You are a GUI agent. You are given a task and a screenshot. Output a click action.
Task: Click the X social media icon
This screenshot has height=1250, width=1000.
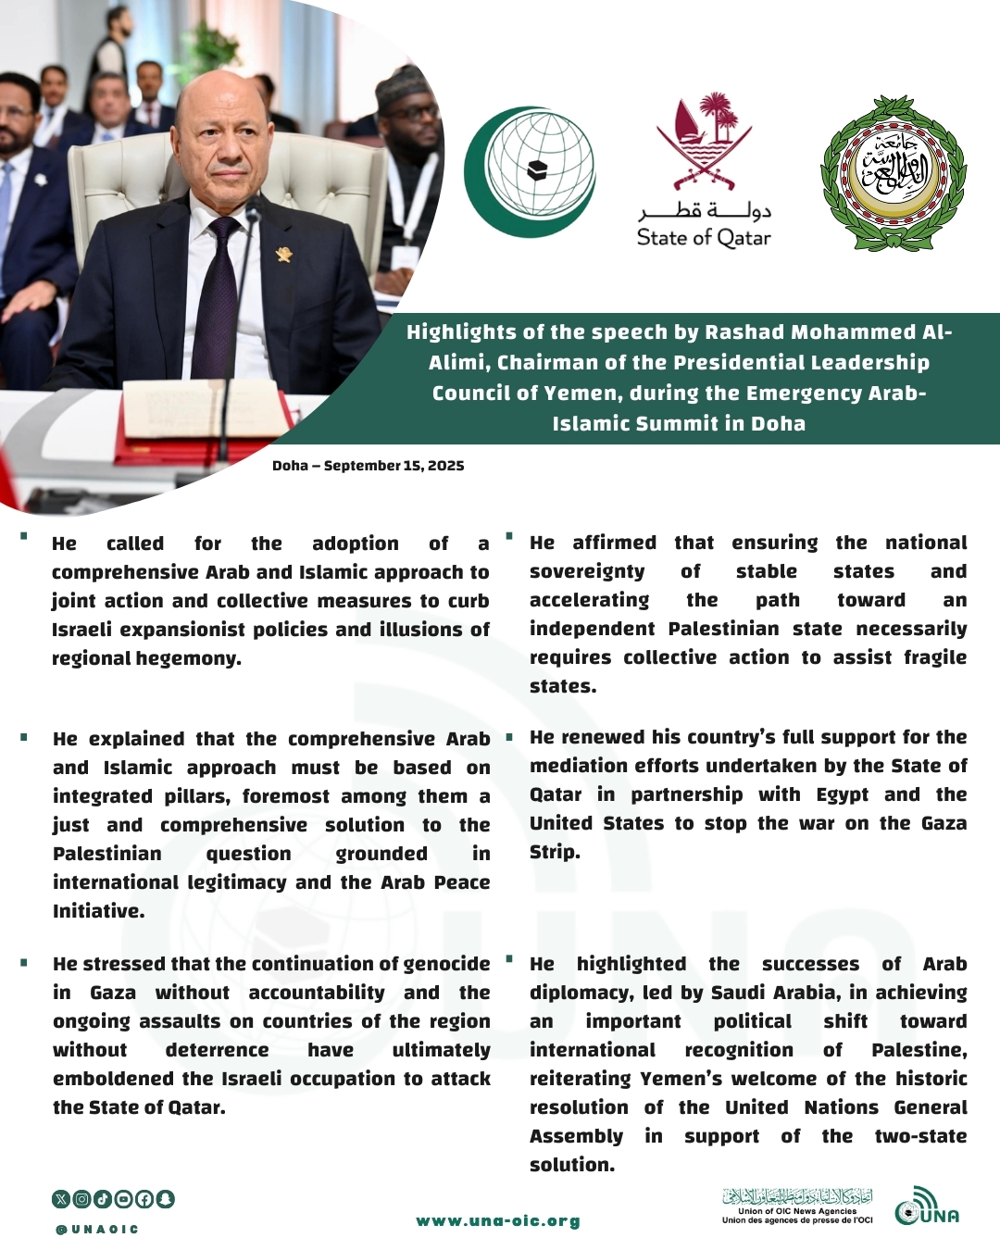click(61, 1199)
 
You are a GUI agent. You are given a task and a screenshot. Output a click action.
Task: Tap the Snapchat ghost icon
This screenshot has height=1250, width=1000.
click(166, 1199)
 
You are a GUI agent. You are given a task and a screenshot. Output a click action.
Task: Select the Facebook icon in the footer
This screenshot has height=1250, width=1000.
click(144, 1199)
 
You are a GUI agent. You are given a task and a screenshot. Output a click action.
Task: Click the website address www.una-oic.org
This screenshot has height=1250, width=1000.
click(498, 1221)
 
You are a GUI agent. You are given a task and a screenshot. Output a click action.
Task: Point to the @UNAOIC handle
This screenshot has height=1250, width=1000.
click(97, 1230)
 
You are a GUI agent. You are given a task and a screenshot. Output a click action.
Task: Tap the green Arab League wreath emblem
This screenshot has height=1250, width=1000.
click(894, 173)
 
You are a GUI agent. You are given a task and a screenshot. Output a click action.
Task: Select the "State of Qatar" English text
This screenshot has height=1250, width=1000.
click(704, 238)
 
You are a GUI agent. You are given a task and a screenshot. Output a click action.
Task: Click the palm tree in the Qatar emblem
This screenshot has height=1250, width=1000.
click(719, 117)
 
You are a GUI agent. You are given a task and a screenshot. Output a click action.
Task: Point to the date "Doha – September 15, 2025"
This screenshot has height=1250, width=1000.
click(368, 466)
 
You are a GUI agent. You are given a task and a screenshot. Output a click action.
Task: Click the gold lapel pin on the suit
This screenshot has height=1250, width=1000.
click(284, 253)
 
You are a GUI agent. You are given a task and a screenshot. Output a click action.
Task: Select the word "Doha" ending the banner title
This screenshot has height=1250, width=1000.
click(778, 424)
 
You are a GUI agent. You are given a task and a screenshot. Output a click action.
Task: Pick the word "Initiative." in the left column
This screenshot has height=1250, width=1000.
click(99, 911)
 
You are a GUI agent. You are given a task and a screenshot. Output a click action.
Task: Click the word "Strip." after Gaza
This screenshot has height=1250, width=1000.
click(555, 852)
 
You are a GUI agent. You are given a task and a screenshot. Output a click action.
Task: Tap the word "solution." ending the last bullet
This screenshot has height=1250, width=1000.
click(572, 1165)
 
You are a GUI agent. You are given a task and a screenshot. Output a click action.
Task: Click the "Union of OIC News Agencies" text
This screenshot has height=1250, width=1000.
click(797, 1211)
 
